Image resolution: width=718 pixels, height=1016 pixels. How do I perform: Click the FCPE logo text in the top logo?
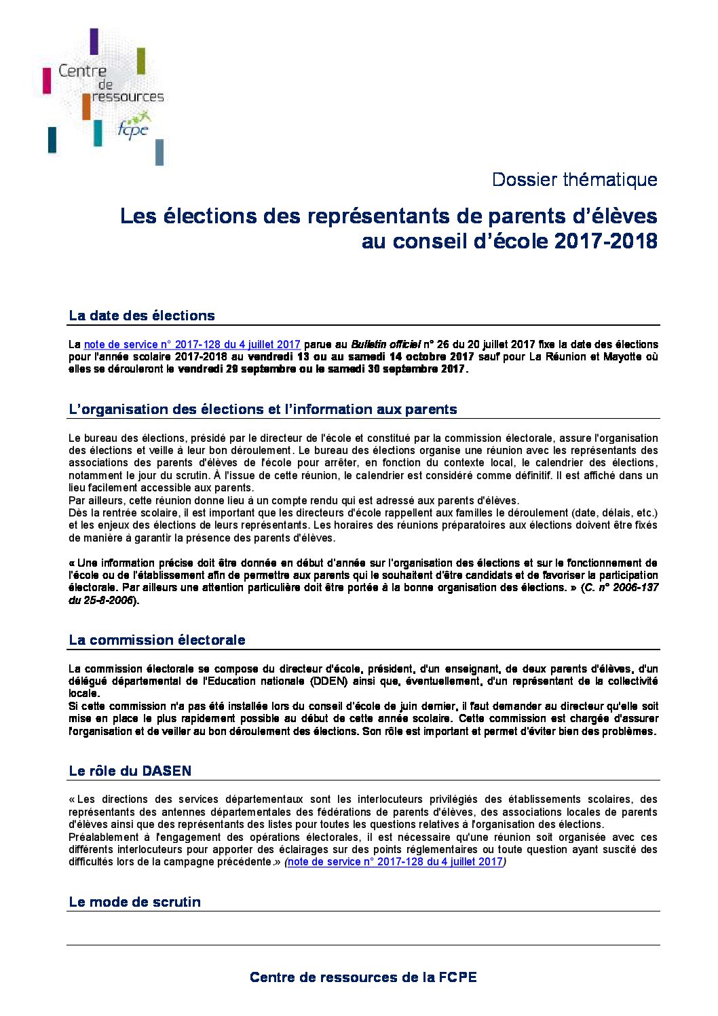pyautogui.click(x=132, y=129)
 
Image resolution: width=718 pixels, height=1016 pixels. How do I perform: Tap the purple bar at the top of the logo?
pyautogui.click(x=94, y=41)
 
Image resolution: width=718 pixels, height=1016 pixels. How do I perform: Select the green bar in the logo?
pyautogui.click(x=141, y=61)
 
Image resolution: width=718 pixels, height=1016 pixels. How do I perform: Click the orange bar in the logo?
pyautogui.click(x=86, y=106)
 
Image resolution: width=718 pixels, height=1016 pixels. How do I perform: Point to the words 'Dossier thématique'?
pyautogui.click(x=574, y=180)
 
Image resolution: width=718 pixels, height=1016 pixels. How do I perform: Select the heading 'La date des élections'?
pyautogui.click(x=142, y=316)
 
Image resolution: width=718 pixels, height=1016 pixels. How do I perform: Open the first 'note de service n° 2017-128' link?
pyautogui.click(x=192, y=345)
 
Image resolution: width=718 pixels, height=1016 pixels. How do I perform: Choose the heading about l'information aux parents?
pyautogui.click(x=263, y=409)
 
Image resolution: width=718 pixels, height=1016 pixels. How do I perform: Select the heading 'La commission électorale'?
pyautogui.click(x=157, y=640)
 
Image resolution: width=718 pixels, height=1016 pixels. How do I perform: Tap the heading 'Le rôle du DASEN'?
pyautogui.click(x=130, y=771)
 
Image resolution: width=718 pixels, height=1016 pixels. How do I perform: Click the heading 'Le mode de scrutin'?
pyautogui.click(x=135, y=902)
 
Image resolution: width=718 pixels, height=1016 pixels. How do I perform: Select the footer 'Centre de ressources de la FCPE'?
pyautogui.click(x=363, y=977)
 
